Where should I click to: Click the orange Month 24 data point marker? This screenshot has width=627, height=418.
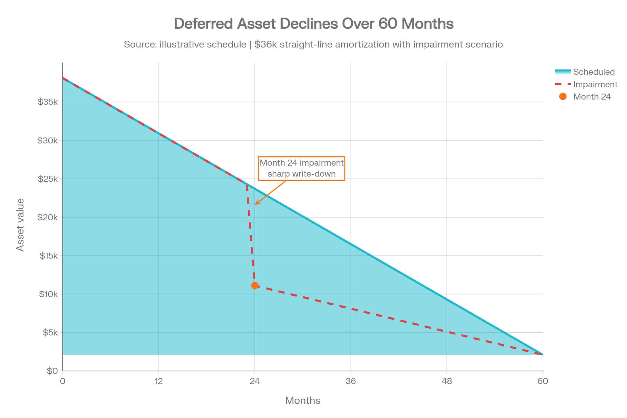255,285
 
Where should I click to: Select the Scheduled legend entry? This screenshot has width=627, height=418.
585,72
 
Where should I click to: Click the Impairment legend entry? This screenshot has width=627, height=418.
586,84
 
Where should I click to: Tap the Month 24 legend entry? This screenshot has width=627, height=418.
583,96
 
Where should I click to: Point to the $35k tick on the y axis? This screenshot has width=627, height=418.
48,102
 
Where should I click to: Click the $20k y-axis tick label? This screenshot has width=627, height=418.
47,217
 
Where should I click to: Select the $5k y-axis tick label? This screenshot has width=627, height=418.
50,332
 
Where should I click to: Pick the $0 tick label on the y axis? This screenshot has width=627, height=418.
52,371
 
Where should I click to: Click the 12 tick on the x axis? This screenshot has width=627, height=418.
159,381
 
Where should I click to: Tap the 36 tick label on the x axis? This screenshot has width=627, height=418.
351,381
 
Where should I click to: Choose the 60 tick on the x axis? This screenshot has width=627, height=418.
543,381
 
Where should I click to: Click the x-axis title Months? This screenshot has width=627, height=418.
303,400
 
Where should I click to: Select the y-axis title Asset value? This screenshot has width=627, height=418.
20,225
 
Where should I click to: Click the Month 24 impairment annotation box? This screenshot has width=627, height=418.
302,168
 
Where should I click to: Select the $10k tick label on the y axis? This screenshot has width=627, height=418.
48,294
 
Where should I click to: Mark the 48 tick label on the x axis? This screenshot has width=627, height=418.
447,381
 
